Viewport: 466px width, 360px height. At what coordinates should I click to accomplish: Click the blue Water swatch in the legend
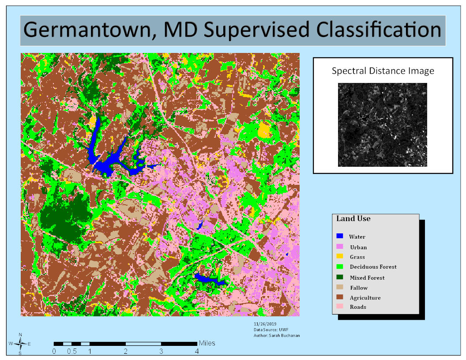tap(340, 236)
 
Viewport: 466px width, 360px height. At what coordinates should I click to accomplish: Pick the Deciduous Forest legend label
tap(373, 267)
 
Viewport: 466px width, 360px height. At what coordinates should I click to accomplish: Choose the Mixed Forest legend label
tap(367, 278)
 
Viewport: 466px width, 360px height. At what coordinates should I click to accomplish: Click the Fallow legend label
tap(359, 288)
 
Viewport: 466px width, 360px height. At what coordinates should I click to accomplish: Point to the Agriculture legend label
tap(365, 298)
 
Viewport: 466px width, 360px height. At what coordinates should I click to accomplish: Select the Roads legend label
tap(358, 307)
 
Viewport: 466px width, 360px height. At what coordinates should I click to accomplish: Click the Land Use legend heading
tap(353, 219)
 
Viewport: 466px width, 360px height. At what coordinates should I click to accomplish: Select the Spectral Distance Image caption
tap(383, 71)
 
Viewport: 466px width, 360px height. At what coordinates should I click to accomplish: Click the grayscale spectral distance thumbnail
tap(383, 125)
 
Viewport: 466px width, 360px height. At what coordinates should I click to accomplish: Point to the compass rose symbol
tap(20, 343)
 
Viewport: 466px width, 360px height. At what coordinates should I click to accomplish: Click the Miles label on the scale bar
tap(207, 343)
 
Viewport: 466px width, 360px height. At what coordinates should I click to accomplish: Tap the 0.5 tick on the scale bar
tap(72, 352)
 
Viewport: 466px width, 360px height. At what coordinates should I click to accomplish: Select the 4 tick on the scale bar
tap(197, 352)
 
